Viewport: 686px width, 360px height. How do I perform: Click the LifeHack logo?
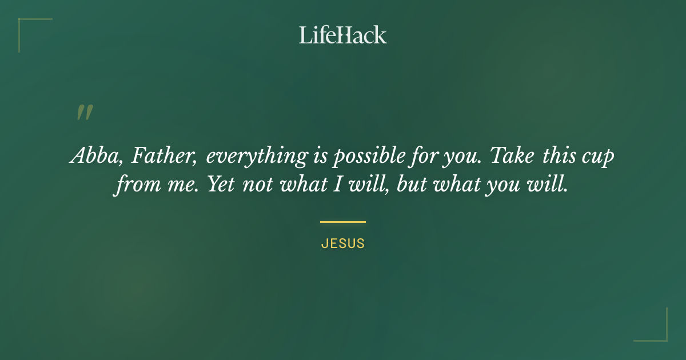point(343,35)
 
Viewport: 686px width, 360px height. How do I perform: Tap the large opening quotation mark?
point(85,113)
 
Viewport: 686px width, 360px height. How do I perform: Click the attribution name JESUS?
point(343,243)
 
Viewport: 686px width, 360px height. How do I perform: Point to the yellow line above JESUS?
point(343,222)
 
